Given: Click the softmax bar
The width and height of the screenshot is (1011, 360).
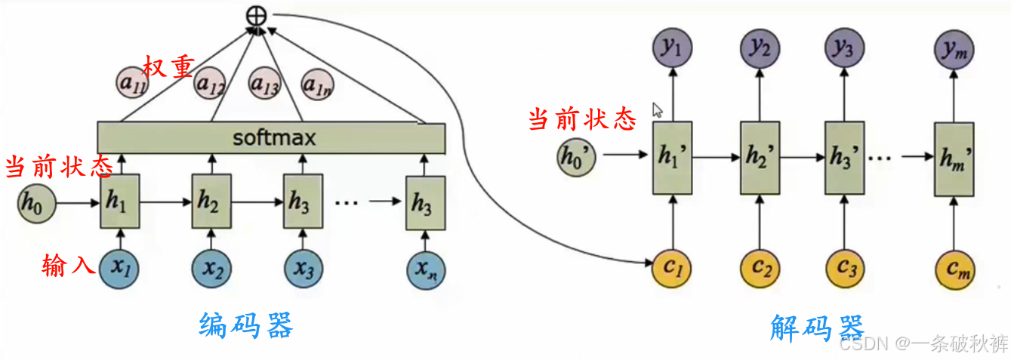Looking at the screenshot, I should point(272,138).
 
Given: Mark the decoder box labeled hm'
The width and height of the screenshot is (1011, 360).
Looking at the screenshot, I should point(954,157).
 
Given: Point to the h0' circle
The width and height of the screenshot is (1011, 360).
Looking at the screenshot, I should point(575,156).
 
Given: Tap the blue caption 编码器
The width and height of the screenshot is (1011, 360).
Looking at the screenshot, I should point(245,326).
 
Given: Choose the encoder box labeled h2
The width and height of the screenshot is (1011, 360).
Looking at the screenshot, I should point(211,201).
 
